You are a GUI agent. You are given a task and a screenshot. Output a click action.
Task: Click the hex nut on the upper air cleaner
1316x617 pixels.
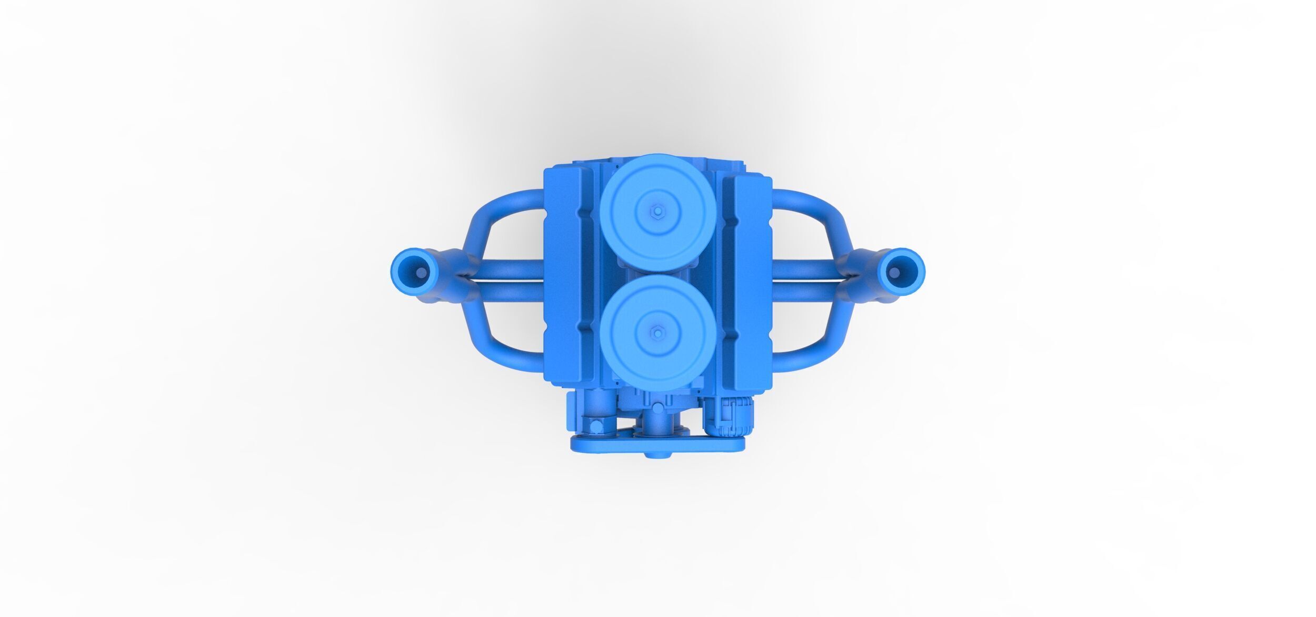657,211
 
